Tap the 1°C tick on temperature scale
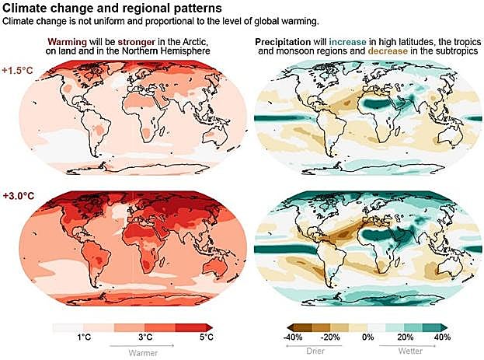tap(82, 337)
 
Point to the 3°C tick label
tap(145, 337)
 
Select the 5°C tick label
tap(206, 337)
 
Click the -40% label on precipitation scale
tap(293, 337)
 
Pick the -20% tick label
tap(331, 337)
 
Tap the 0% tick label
tap(369, 337)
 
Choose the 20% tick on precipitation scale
tap(406, 337)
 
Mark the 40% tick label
tap(442, 337)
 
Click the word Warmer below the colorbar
tap(145, 351)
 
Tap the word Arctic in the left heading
tap(194, 40)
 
